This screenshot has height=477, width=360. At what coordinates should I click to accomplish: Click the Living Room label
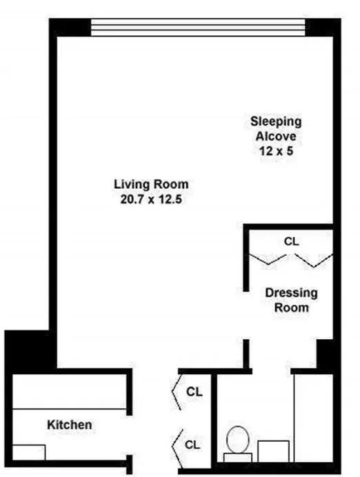(x=150, y=185)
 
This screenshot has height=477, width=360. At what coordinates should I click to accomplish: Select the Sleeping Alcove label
(x=276, y=129)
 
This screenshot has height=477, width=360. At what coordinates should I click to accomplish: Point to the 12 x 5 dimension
(x=276, y=152)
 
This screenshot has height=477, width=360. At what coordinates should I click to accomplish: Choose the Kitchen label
(x=69, y=425)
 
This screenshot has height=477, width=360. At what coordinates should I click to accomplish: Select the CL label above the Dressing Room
(x=292, y=242)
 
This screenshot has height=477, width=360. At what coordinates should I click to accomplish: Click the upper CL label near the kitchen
(x=194, y=392)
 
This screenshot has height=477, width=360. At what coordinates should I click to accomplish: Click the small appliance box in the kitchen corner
(x=29, y=452)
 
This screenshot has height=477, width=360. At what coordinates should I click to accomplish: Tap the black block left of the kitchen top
(x=28, y=352)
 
